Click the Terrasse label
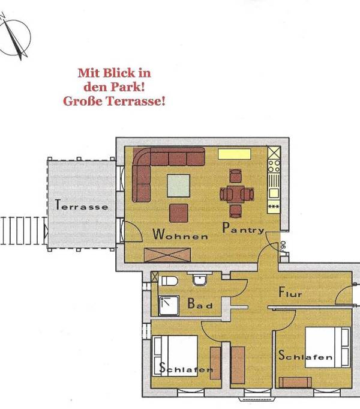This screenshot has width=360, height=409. click(82, 205)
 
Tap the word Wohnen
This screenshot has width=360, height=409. click(180, 235)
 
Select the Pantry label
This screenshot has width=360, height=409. click(243, 228)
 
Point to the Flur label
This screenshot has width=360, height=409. click(290, 293)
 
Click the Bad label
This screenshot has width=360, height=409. click(200, 304)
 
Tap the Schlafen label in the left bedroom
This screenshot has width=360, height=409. click(186, 369)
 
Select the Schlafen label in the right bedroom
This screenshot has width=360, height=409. click(305, 356)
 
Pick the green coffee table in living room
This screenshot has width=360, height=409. click(179, 185)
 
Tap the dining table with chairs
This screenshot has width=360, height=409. click(235, 193)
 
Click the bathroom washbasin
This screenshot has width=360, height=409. click(199, 279)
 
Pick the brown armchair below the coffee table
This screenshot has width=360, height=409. click(179, 213)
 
